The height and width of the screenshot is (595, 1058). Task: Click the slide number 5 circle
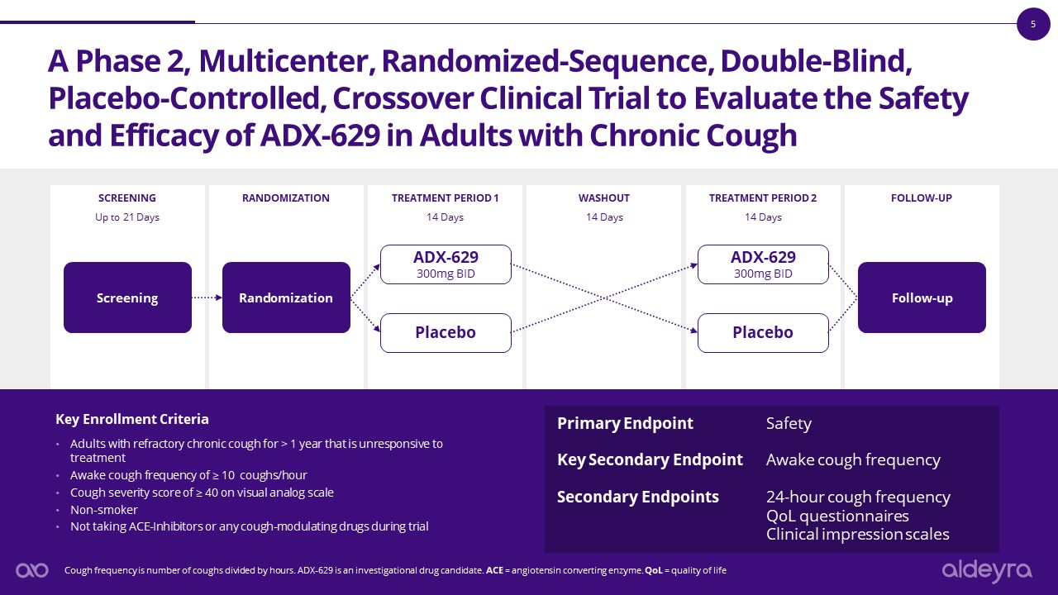click(x=1033, y=24)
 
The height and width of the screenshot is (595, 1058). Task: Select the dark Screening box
click(x=127, y=297)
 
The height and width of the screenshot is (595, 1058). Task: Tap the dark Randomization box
click(x=286, y=297)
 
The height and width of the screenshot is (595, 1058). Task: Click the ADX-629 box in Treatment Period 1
click(x=446, y=264)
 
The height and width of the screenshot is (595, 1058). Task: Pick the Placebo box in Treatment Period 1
click(x=446, y=332)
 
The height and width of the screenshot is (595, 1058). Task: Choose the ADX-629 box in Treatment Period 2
click(x=763, y=264)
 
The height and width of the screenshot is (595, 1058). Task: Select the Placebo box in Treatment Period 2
click(x=763, y=332)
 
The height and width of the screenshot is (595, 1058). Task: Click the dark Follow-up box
click(x=922, y=297)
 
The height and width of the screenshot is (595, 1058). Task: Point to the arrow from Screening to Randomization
click(x=207, y=297)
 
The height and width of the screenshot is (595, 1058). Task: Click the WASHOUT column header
click(x=604, y=198)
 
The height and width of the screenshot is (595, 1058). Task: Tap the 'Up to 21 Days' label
click(x=127, y=217)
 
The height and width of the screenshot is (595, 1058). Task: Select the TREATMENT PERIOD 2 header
click(x=763, y=198)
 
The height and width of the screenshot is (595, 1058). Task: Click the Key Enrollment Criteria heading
click(x=132, y=419)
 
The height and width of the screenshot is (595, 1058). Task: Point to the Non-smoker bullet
click(x=104, y=510)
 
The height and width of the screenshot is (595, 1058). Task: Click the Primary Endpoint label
click(x=625, y=424)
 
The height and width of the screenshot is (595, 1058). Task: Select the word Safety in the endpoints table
click(x=789, y=424)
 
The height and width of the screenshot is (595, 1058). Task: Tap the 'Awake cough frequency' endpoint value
click(x=853, y=460)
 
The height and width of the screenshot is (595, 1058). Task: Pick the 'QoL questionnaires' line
click(x=837, y=516)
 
